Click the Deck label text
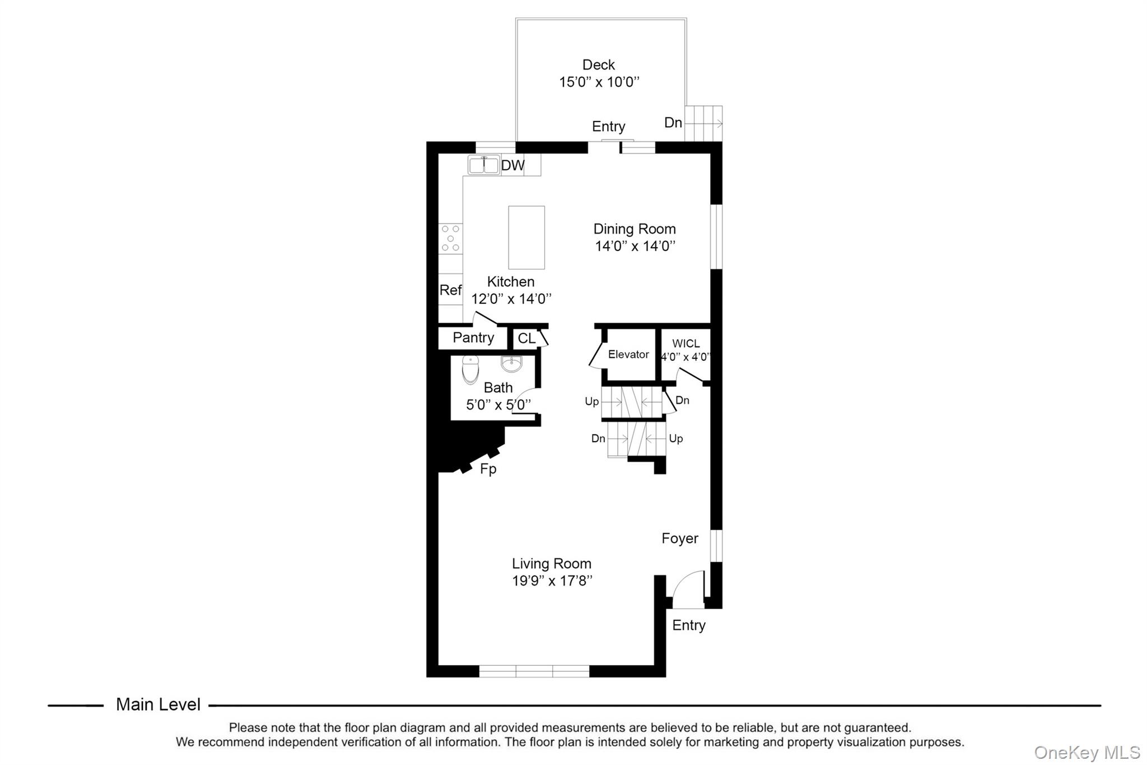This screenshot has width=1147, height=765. pyautogui.click(x=598, y=65)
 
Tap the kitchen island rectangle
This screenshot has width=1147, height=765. pyautogui.click(x=526, y=238)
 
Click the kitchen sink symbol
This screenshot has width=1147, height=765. pyautogui.click(x=483, y=165)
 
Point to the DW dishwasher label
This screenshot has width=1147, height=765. pyautogui.click(x=512, y=165)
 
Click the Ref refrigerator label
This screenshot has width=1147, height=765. pyautogui.click(x=450, y=290)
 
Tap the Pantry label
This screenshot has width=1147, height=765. pyautogui.click(x=473, y=338)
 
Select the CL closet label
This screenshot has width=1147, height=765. pyautogui.click(x=526, y=339)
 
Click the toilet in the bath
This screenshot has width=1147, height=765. pyautogui.click(x=470, y=370)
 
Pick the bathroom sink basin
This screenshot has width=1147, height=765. pyautogui.click(x=511, y=364)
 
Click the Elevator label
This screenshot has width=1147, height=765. pyautogui.click(x=628, y=354)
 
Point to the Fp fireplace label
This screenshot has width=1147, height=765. pyautogui.click(x=488, y=469)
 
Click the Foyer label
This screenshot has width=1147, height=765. pyautogui.click(x=679, y=539)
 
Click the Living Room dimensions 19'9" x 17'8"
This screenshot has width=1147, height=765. pyautogui.click(x=552, y=581)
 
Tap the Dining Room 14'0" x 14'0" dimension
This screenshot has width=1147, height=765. pyautogui.click(x=635, y=246)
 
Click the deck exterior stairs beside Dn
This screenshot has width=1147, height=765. pyautogui.click(x=703, y=123)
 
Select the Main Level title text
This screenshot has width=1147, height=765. pyautogui.click(x=158, y=704)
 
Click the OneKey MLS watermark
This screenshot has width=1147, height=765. pyautogui.click(x=1087, y=752)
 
